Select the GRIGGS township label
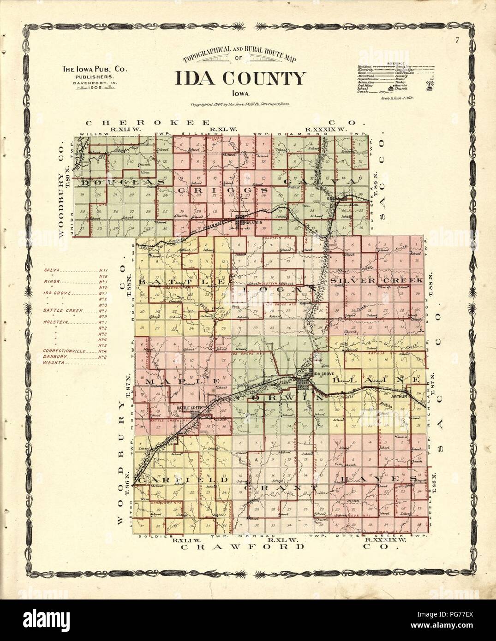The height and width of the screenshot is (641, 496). (222, 190)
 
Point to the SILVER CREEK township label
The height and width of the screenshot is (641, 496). (377, 280)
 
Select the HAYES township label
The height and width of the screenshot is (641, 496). (376, 480)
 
